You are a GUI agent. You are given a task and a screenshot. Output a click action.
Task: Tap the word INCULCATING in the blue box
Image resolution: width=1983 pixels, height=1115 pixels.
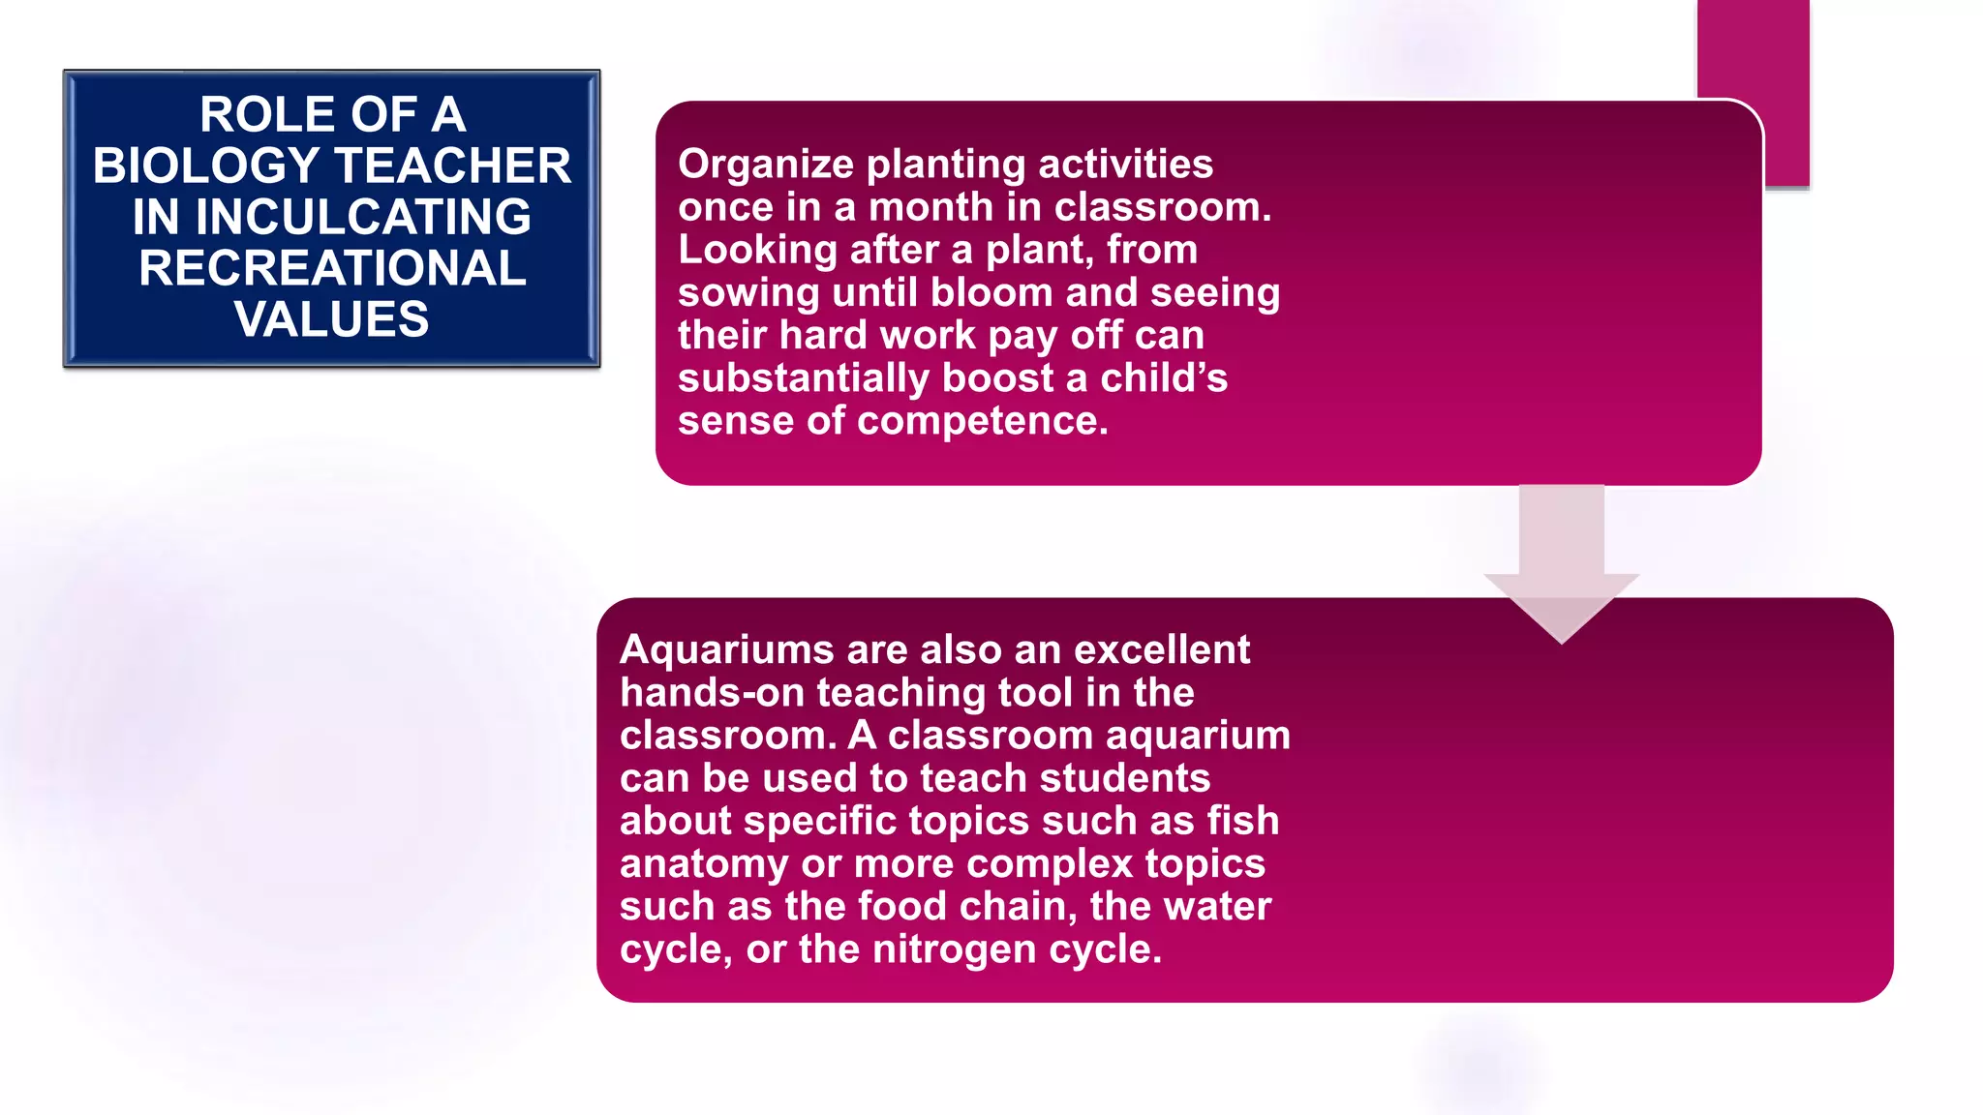[363, 217]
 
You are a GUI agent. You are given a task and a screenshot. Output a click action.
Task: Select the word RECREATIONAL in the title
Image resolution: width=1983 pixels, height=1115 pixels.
[332, 268]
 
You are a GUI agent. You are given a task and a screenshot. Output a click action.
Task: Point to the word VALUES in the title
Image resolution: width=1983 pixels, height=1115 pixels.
[332, 319]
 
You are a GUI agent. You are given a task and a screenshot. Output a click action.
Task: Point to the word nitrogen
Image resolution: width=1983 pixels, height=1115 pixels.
[954, 949]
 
